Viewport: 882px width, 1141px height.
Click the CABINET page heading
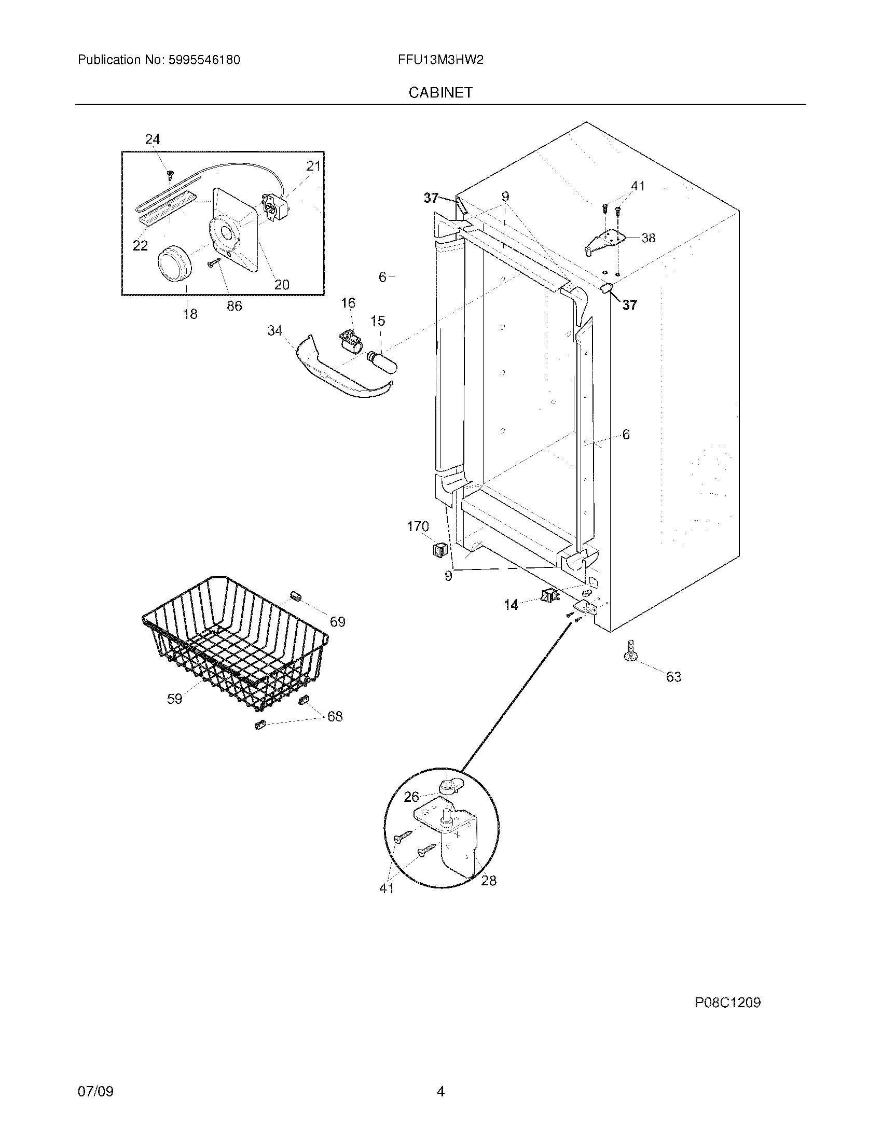pyautogui.click(x=440, y=92)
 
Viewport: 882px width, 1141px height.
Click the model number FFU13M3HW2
pyautogui.click(x=440, y=60)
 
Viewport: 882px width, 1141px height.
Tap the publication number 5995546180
pyautogui.click(x=204, y=60)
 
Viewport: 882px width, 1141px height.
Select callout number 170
pyautogui.click(x=418, y=526)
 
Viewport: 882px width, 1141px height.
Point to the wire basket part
pyautogui.click(x=235, y=643)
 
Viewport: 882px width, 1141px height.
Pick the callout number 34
pyautogui.click(x=275, y=331)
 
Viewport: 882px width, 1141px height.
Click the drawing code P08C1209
pyautogui.click(x=727, y=1003)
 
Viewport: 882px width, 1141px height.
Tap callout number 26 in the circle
pyautogui.click(x=411, y=811)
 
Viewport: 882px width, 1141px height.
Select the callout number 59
pyautogui.click(x=174, y=699)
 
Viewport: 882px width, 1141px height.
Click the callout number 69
pyautogui.click(x=338, y=622)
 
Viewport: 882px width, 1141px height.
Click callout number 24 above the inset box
pyautogui.click(x=153, y=139)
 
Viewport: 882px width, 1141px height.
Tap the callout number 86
pyautogui.click(x=234, y=306)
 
